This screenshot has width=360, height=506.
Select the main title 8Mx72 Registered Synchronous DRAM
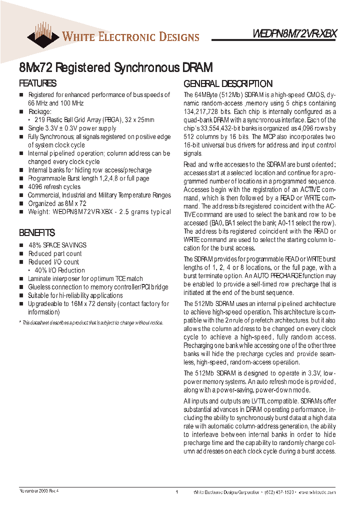click(x=116, y=67)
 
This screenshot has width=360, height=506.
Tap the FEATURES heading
click(x=37, y=83)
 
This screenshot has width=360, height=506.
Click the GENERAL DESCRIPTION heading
click(x=228, y=83)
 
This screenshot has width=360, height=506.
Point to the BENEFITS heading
click(x=37, y=233)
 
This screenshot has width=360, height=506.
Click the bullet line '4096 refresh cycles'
click(x=54, y=186)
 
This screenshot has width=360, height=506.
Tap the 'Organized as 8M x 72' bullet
click(x=57, y=203)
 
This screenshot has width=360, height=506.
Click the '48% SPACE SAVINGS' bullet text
click(x=57, y=245)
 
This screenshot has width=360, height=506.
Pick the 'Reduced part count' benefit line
click(x=55, y=253)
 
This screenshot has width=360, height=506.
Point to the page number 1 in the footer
click(x=177, y=492)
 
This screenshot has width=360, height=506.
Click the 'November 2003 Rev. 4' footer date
click(x=39, y=491)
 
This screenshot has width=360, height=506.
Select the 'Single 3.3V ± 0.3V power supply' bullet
click(x=72, y=128)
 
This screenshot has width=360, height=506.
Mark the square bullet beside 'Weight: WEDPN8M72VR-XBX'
click(x=21, y=212)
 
